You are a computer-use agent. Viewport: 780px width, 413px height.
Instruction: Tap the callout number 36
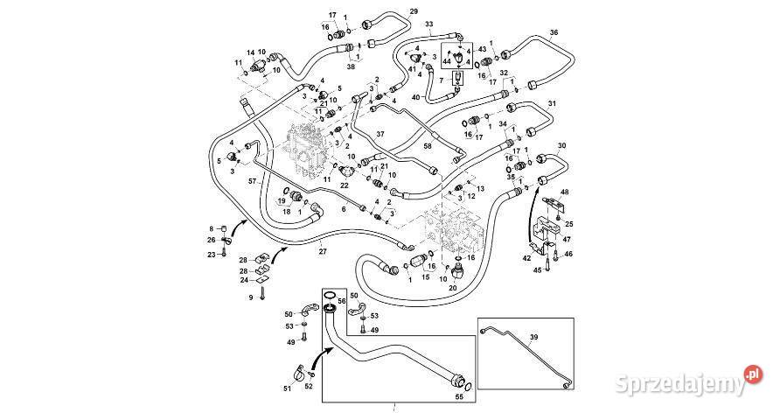pos(553,32)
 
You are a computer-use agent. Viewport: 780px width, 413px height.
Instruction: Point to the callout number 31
pos(552,104)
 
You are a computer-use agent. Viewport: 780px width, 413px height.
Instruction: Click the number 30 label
pos(561,145)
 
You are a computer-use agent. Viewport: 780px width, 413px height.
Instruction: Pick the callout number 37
pos(380,134)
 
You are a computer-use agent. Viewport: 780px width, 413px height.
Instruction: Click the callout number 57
pos(251,180)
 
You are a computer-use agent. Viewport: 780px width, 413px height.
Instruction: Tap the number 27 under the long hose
pos(322,252)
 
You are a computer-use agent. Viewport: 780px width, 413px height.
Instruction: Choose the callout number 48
pos(564,192)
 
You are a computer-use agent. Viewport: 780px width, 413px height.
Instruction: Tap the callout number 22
pos(344,185)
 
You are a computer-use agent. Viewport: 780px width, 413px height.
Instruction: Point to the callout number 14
pos(249,52)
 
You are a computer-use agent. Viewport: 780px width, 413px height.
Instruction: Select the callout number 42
pos(526,258)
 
